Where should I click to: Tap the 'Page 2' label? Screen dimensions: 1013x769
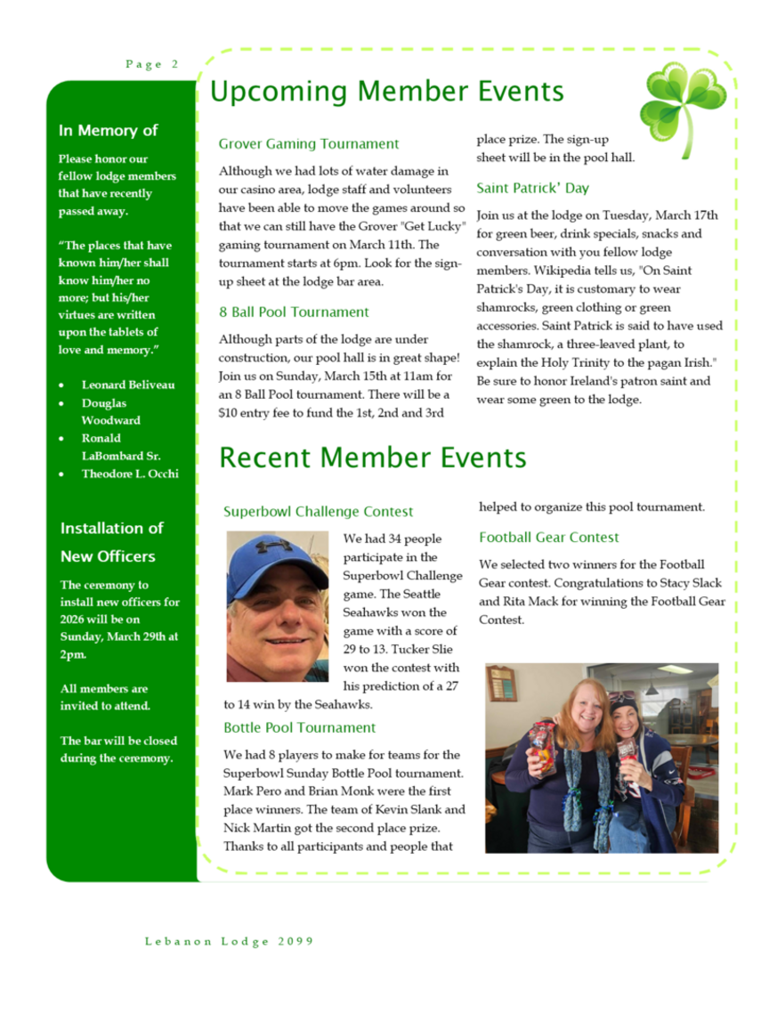point(151,64)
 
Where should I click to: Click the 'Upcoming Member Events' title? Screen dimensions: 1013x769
point(387,92)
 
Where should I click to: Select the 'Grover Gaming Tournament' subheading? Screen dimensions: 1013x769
point(308,144)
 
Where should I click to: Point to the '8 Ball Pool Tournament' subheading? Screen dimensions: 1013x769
point(294,312)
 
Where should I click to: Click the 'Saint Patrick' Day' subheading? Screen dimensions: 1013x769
point(532,189)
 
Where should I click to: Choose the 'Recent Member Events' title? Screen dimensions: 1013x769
point(372,458)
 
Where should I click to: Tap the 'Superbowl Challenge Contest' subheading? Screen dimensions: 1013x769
point(318,512)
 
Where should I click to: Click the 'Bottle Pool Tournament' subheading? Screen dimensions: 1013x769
point(299,728)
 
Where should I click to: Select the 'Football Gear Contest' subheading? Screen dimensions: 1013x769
point(548,538)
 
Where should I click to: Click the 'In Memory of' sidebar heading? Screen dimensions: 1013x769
point(108,131)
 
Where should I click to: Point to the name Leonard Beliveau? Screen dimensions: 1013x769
point(127,385)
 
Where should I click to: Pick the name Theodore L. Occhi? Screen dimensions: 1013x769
point(129,474)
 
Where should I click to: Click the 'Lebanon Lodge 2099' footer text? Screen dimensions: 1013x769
point(229,941)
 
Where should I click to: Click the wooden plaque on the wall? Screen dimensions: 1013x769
point(500,683)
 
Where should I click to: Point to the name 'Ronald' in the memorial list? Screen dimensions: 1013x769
point(101,439)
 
